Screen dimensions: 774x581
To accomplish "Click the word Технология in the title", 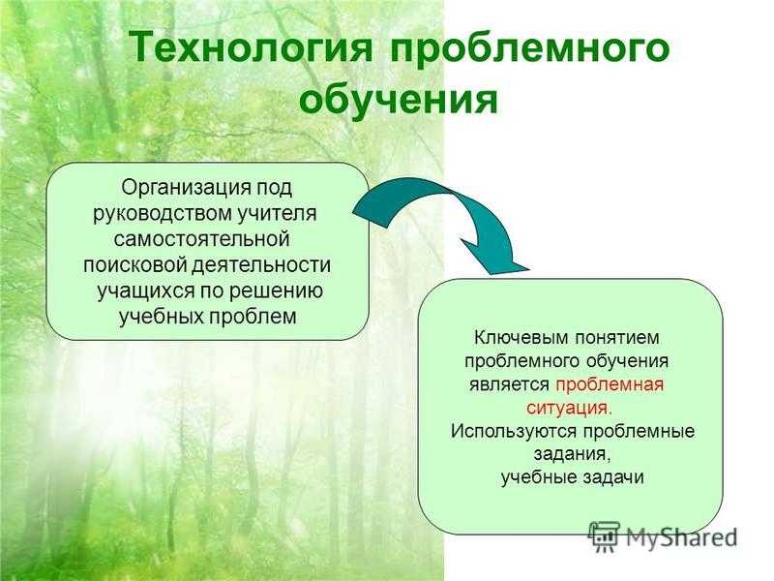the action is point(251,46).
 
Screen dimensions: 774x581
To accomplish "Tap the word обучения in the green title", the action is point(399,101).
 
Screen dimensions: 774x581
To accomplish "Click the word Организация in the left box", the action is point(185,188).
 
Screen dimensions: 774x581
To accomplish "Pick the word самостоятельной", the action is point(201,239).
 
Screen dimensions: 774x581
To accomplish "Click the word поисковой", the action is point(134,264).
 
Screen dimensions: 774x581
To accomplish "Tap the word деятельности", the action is point(261,264).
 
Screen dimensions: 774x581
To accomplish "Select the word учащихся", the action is point(146,290).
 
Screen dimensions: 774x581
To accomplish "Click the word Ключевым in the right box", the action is point(520,338).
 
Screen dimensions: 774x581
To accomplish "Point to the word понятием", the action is point(616,338).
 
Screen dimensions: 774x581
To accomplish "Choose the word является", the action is point(510,384).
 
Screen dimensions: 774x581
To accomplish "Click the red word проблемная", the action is point(610,384).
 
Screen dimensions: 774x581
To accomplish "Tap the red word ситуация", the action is point(569,409).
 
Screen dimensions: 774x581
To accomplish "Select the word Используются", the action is point(514,431).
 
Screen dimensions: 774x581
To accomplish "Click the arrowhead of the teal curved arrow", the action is point(493,256).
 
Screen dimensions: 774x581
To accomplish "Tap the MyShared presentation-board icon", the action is point(604,535).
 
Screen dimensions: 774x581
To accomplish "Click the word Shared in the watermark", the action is point(699,536).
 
